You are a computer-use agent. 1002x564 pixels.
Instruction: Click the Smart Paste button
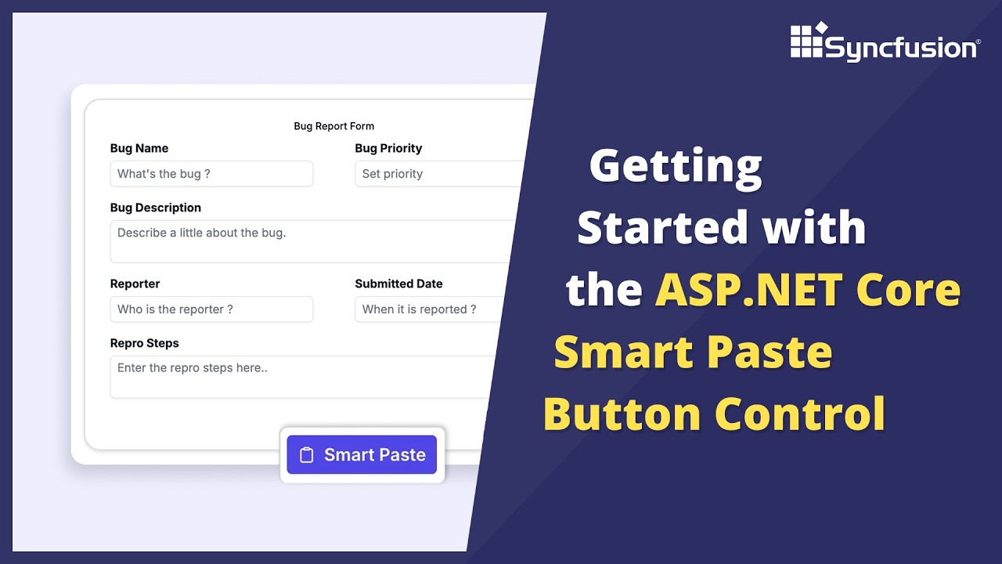362,455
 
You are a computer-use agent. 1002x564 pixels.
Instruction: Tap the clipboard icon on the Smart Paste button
307,455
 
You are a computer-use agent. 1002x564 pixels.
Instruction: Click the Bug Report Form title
334,126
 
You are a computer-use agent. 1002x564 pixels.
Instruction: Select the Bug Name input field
211,174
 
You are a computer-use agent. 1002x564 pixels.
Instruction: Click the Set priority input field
438,174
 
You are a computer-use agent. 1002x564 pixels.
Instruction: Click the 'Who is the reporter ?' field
211,309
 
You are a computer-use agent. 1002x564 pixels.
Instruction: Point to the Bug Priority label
388,148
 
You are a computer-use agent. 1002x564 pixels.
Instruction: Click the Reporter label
135,284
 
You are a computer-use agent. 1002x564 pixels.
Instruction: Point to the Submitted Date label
398,284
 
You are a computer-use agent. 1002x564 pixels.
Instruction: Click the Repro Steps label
144,343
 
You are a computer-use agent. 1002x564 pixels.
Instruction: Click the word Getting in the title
676,167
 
